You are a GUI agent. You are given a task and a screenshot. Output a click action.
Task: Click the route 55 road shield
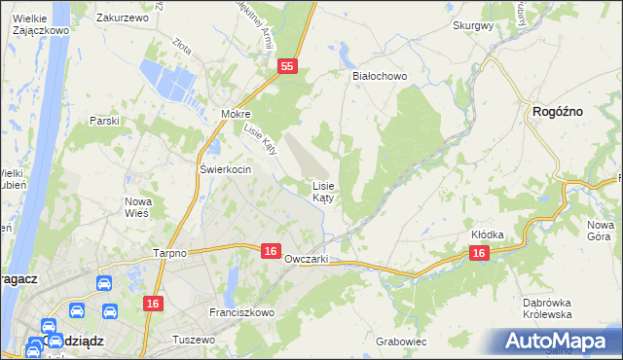pos(286,65)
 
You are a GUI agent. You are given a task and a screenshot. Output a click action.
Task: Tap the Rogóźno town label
pos(558,112)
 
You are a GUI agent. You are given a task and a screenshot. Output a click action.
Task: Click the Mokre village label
pos(237,113)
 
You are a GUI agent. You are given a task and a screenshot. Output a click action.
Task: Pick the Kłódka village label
pos(487,234)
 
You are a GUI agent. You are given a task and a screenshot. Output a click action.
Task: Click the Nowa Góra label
pos(600,231)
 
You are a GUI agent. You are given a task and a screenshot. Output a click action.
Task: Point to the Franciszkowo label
pos(242,312)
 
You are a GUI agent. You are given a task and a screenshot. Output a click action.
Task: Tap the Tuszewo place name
pos(192,340)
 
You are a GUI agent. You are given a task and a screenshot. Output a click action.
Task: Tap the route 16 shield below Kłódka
pos(478,253)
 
